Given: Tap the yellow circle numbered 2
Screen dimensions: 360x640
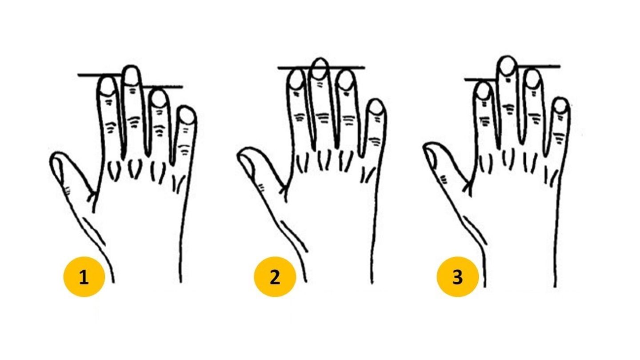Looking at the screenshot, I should click(275, 278).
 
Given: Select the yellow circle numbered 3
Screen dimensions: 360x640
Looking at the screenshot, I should click(458, 278).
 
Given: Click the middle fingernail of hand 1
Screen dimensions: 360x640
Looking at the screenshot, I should click(131, 76).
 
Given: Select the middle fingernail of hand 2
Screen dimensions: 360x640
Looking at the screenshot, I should click(319, 68).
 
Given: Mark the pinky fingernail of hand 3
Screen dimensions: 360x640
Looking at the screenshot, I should click(562, 106).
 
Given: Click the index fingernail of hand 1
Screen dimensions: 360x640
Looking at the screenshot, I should click(106, 86).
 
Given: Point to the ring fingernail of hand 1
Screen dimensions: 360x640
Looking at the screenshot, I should click(158, 98).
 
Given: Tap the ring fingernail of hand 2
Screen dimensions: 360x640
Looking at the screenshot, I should click(345, 80).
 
